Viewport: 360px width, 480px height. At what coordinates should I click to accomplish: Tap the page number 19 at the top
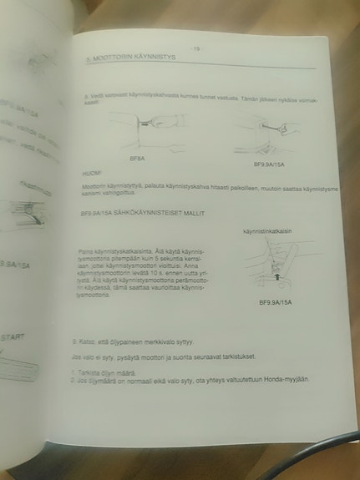pos(197,49)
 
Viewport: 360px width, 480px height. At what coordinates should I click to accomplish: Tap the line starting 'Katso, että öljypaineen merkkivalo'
pos(139,341)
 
